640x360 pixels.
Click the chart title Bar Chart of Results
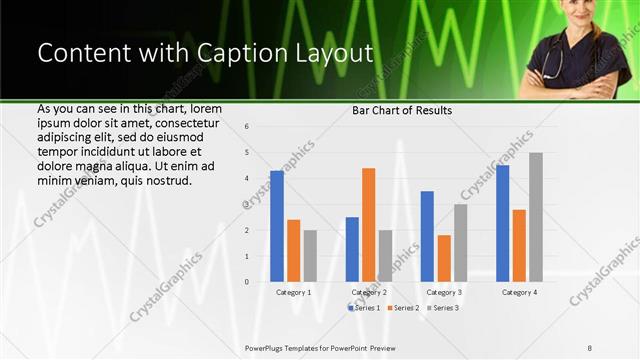tap(401, 110)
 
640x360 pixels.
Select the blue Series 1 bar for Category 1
tap(277, 226)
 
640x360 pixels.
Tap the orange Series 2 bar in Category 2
tap(368, 225)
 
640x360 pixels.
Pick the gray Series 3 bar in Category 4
tap(536, 217)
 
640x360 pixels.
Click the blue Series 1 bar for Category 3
tap(427, 236)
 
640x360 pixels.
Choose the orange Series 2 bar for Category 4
tap(519, 245)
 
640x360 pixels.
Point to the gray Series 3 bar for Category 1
tap(310, 256)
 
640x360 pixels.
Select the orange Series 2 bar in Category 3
tap(444, 258)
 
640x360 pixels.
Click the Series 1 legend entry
tap(365, 308)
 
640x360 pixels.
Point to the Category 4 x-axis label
tap(519, 292)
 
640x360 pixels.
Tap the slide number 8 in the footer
tap(590, 347)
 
